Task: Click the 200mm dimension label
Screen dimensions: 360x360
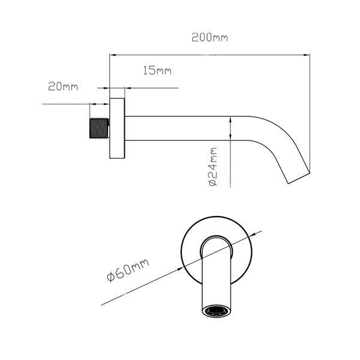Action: tap(209, 37)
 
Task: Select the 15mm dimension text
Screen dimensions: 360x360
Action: tap(157, 70)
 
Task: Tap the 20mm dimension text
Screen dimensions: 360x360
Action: tap(63, 86)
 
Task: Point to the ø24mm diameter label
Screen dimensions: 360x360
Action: tap(213, 167)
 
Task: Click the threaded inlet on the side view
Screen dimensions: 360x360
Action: tap(99, 128)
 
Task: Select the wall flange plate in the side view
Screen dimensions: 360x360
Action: tap(117, 128)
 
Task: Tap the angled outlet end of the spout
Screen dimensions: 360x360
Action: tap(299, 178)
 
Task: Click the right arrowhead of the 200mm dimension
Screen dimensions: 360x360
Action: tap(307, 55)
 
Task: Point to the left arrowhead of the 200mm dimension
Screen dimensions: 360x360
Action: tap(113, 55)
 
